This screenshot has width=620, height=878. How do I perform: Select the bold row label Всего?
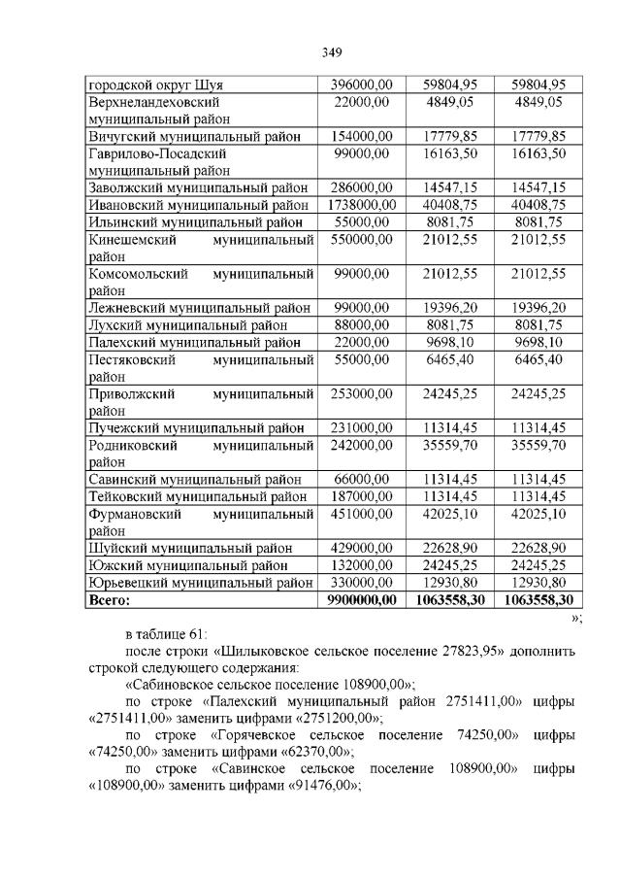coord(109,599)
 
